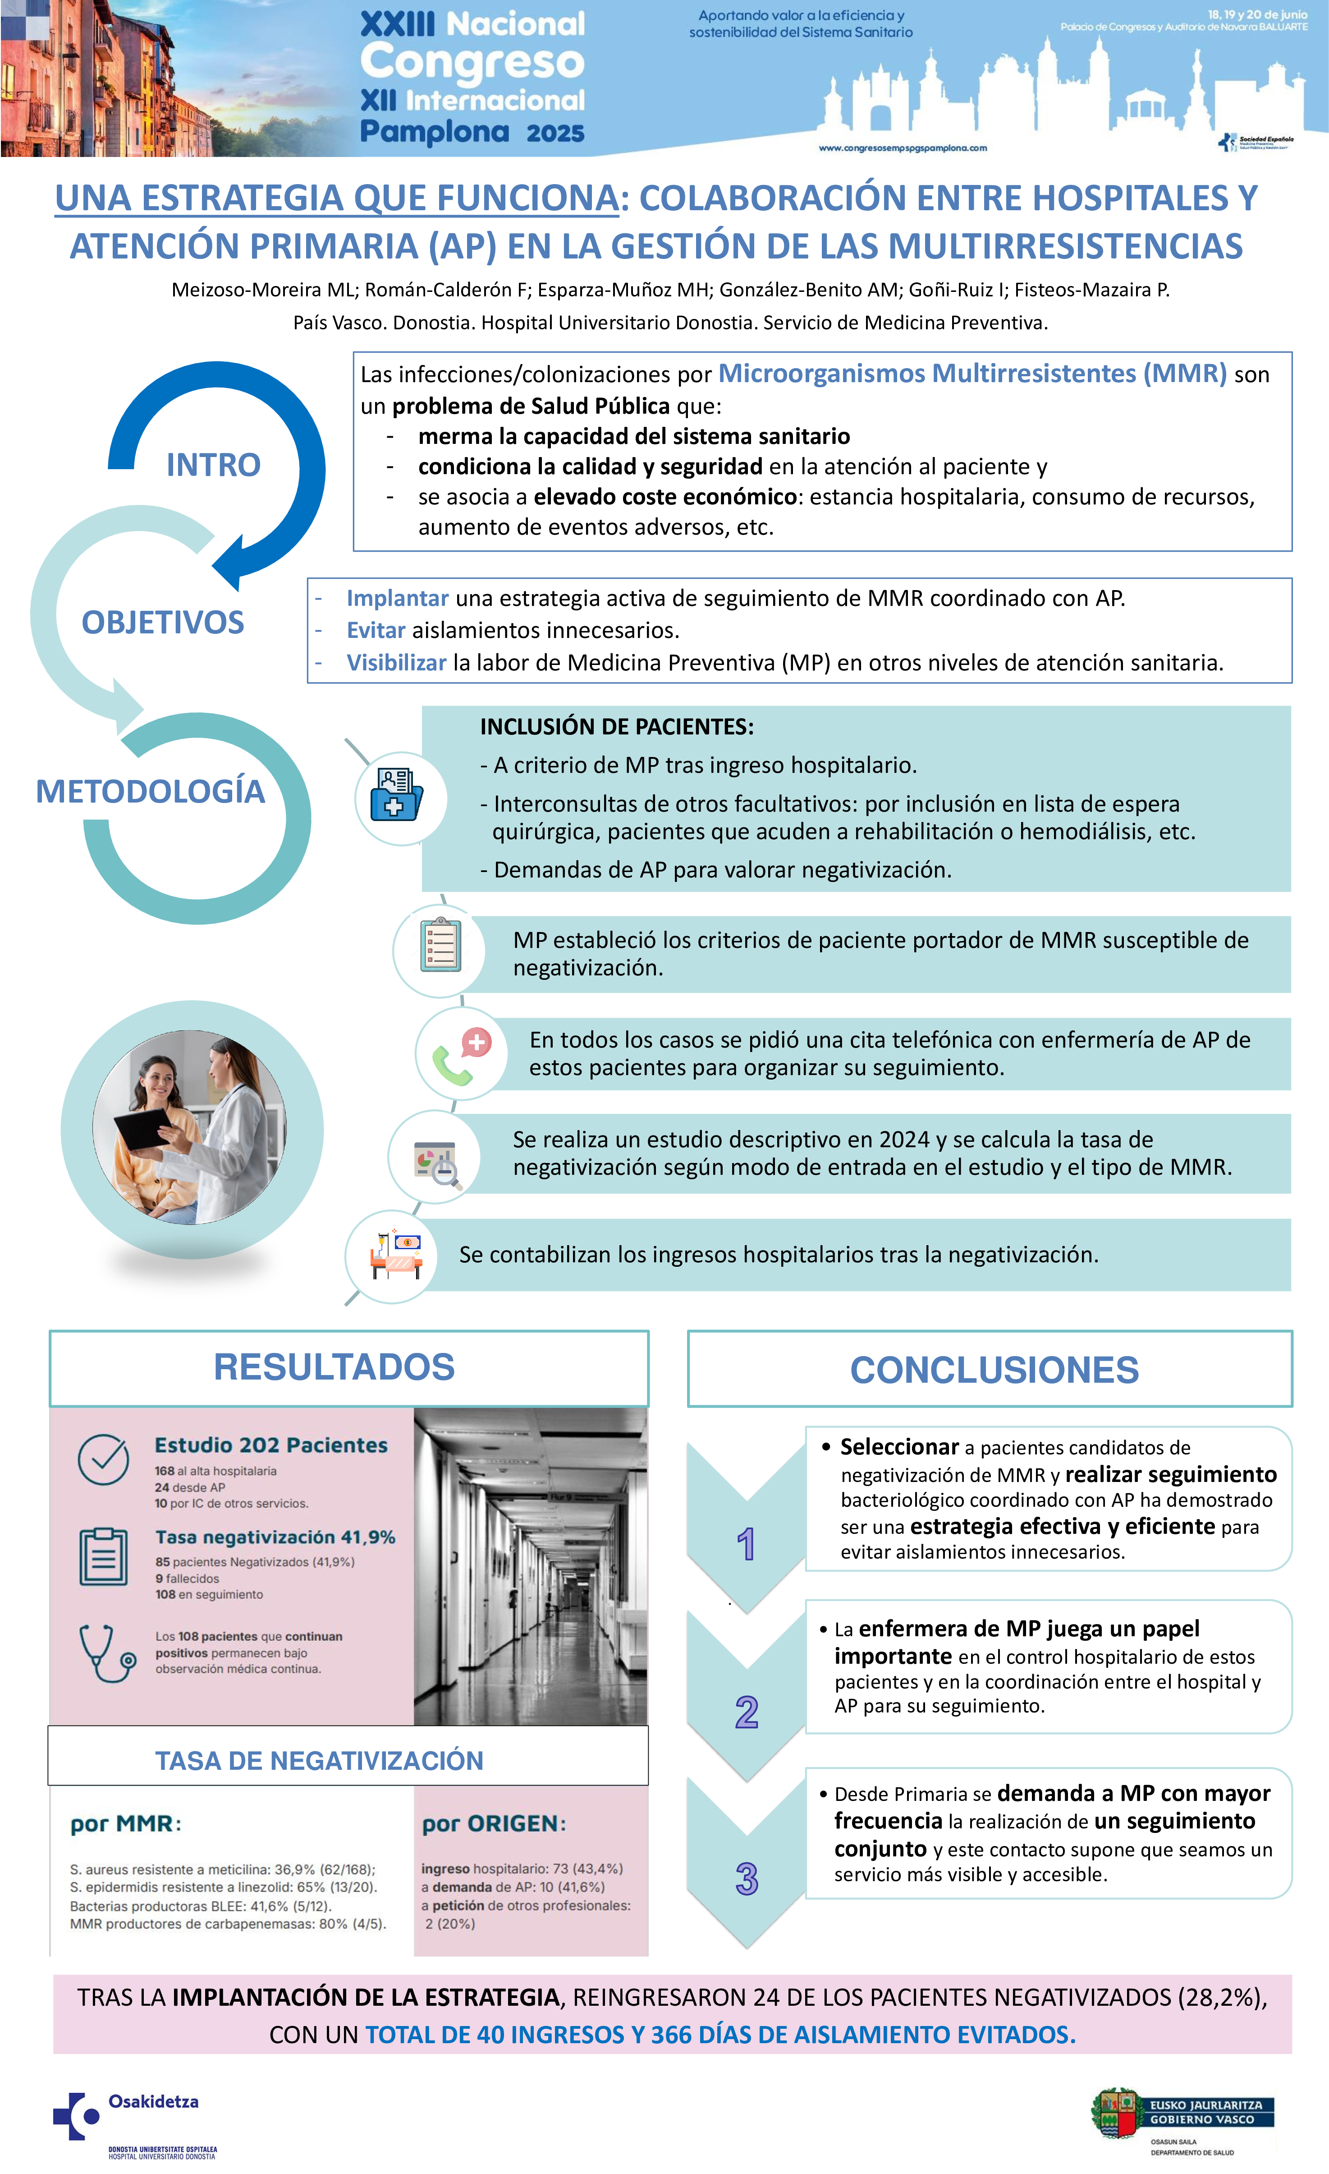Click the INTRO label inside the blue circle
pyautogui.click(x=213, y=465)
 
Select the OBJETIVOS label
pyautogui.click(x=163, y=623)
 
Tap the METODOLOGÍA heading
pyautogui.click(x=150, y=791)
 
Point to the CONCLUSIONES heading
pyautogui.click(x=994, y=1370)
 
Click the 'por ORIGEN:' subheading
pyautogui.click(x=494, y=1824)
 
